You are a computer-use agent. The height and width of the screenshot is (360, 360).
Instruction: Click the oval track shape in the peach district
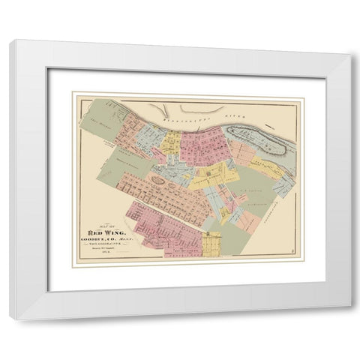158,179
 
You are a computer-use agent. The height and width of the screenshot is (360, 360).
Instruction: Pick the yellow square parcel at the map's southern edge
212,244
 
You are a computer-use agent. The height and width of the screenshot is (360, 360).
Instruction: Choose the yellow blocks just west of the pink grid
172,142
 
